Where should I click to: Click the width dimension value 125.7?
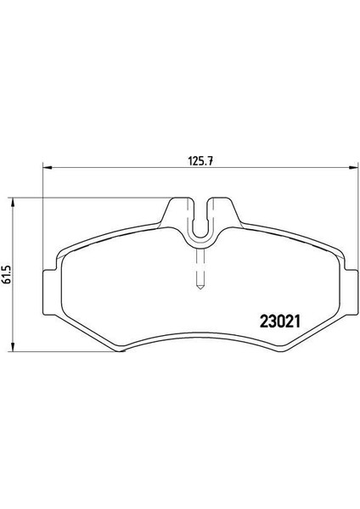(x=200, y=161)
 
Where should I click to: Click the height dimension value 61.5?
(x=7, y=274)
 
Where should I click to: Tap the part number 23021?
(x=279, y=322)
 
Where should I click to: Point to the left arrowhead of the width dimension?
(x=48, y=167)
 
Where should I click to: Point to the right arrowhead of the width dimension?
(x=353, y=167)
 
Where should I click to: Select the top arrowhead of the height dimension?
(x=13, y=202)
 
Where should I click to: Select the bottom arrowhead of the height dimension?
(x=13, y=346)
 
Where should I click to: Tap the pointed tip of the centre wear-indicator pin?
(x=200, y=289)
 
